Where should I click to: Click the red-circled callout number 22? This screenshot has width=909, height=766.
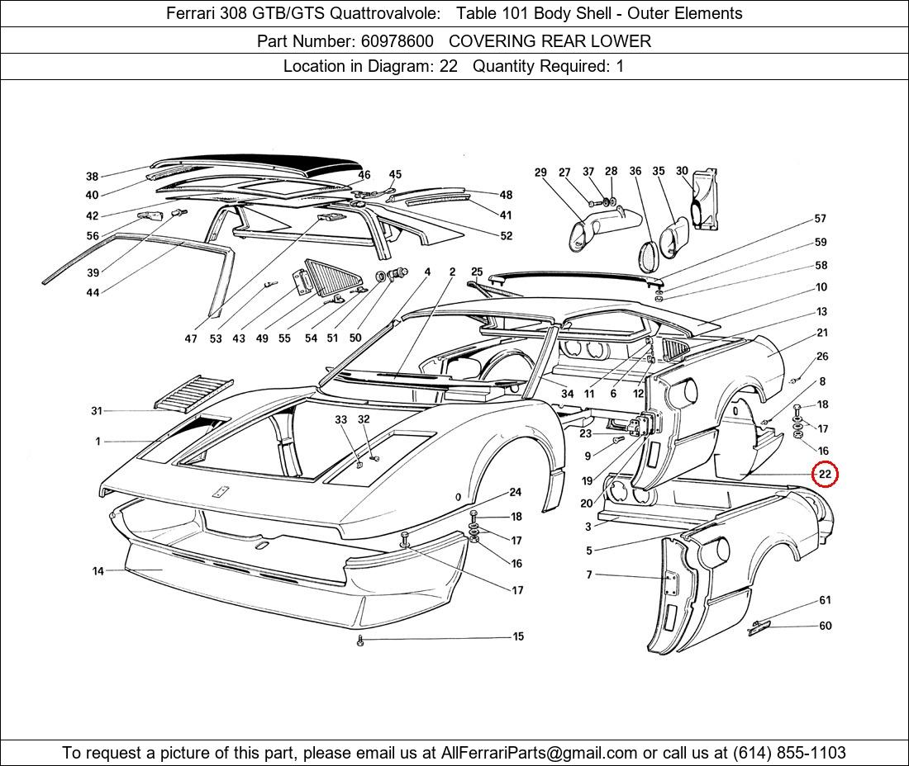pos(825,475)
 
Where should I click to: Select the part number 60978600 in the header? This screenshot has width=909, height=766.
pos(397,41)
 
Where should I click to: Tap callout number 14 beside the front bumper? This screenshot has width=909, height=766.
pos(98,571)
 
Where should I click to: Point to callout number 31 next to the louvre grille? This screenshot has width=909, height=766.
pos(97,410)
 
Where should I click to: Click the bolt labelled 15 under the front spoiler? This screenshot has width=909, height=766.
pos(360,640)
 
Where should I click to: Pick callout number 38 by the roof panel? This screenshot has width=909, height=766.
pos(93,176)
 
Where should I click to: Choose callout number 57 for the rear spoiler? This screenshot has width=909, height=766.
pos(821,218)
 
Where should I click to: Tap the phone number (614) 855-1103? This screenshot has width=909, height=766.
pos(789,753)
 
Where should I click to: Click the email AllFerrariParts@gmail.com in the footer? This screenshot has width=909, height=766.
pos(539,753)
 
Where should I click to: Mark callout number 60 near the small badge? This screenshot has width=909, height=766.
pos(825,626)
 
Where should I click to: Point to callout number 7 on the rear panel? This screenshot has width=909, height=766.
pos(589,574)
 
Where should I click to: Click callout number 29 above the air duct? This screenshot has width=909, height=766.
pos(540,172)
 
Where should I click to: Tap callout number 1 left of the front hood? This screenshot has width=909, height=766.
pos(98,441)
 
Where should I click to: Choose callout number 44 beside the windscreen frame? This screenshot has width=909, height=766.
pos(93,292)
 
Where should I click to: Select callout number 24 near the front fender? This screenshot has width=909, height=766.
pos(516,492)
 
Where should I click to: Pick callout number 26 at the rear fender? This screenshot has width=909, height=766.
pos(822,356)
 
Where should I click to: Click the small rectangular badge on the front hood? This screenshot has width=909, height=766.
pos(219,492)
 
